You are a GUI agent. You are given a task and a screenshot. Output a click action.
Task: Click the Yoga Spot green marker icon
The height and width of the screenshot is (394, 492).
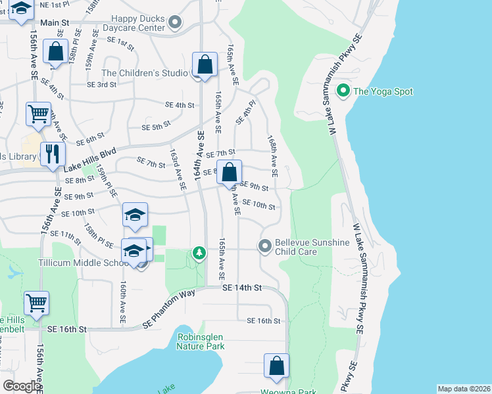(343, 91)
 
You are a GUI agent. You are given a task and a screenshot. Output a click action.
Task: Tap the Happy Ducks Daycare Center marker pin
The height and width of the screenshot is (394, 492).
(174, 24)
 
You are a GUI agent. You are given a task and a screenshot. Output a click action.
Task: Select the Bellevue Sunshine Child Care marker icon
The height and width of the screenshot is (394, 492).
(265, 247)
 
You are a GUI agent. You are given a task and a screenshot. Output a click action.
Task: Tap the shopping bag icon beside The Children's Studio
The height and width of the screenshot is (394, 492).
(205, 65)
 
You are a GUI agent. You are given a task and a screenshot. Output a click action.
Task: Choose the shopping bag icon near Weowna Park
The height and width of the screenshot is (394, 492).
(277, 366)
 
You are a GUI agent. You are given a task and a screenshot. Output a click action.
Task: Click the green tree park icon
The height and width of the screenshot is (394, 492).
(199, 253)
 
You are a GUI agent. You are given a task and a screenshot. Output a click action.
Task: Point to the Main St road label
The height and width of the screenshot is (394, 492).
(55, 23)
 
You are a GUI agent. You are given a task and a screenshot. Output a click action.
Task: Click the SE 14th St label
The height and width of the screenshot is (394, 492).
(242, 288)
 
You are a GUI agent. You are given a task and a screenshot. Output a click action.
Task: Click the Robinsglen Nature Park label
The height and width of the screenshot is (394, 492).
(201, 341)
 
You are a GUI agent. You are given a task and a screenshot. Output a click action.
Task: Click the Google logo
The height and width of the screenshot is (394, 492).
(22, 386)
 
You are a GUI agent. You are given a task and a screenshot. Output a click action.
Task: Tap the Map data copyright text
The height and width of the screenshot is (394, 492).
(463, 389)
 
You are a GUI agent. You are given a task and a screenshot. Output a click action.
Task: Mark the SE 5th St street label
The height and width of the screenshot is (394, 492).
(156, 126)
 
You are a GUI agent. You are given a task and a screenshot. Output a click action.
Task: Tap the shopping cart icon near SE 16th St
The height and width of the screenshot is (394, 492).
(36, 303)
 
